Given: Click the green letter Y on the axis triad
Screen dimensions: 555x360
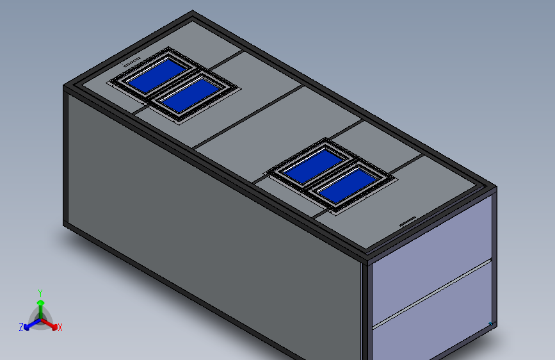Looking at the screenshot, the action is coord(40,293).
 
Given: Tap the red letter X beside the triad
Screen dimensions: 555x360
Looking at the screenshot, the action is coord(60,328).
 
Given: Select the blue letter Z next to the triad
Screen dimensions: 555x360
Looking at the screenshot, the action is coord(21,327).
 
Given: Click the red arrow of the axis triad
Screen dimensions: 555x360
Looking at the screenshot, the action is coord(49,324).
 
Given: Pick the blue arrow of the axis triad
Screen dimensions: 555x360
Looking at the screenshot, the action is coord(32,325).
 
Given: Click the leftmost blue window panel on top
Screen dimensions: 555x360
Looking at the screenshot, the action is coord(157,76).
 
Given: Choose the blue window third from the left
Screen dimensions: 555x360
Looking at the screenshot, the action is coord(313,166).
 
